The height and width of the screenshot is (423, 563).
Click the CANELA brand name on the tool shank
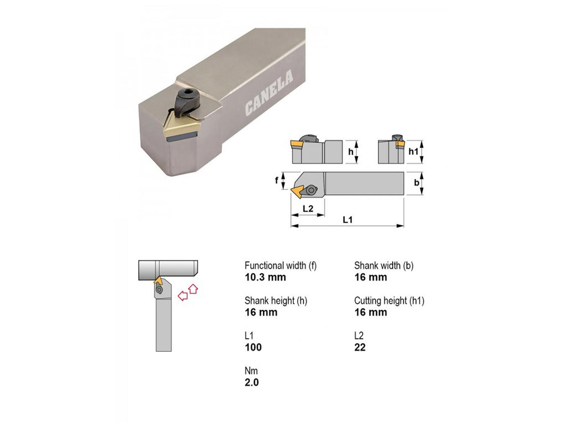pyautogui.click(x=268, y=93)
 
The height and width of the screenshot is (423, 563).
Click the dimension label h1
pyautogui.click(x=413, y=152)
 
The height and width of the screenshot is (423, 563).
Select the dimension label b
pyautogui.click(x=417, y=183)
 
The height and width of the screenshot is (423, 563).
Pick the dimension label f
pyautogui.click(x=277, y=180)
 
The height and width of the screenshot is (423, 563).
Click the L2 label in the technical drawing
pyautogui.click(x=308, y=209)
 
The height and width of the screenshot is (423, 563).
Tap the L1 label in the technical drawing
pyautogui.click(x=348, y=220)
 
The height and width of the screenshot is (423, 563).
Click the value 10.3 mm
pyautogui.click(x=265, y=277)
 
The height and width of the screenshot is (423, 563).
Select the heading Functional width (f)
pyautogui.click(x=280, y=265)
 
